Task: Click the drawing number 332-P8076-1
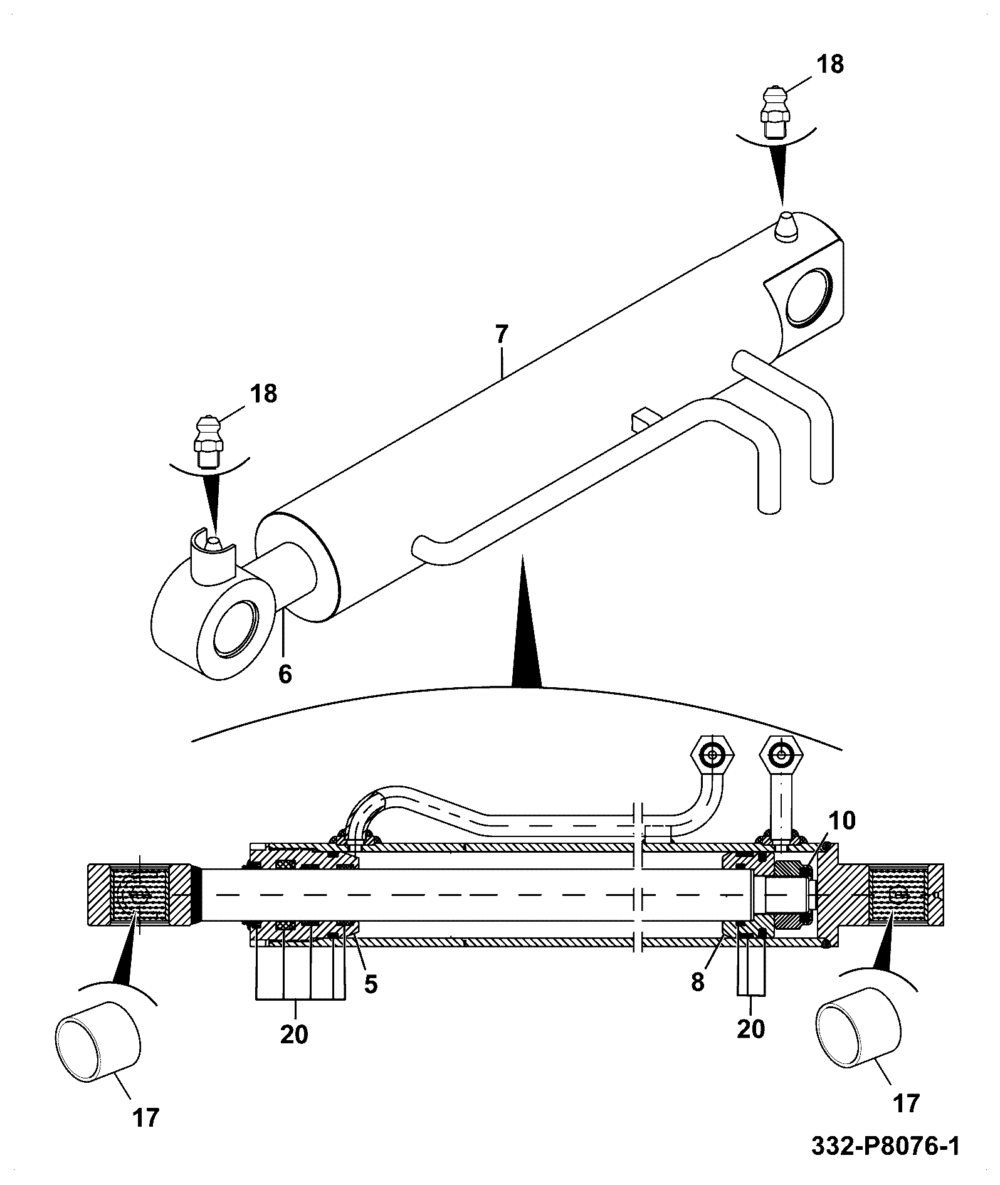pos(885,1147)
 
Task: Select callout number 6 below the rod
pos(285,674)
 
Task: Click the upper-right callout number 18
pos(830,65)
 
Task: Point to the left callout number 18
pos(263,394)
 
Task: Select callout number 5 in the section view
pos(371,984)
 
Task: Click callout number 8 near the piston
pos(698,982)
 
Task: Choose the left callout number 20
pos(294,1034)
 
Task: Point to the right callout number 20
pos(751,1029)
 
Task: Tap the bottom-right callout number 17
pos(905,1103)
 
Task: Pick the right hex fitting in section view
pos(781,757)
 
